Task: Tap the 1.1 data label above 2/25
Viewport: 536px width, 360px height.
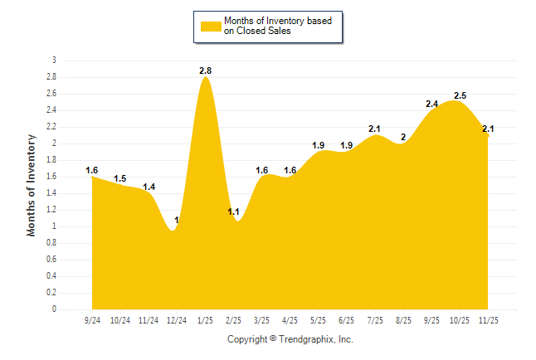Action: point(234,212)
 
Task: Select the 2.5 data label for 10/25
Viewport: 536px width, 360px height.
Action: point(460,96)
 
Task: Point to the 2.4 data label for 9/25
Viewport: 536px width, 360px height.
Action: point(431,105)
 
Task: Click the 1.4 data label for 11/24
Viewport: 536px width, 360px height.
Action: point(149,187)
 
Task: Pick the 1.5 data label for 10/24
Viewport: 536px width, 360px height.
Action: point(120,179)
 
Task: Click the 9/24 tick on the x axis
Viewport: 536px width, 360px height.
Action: point(92,320)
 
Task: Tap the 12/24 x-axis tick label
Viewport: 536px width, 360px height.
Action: point(177,320)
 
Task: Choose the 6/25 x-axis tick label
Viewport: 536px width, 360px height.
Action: point(347,320)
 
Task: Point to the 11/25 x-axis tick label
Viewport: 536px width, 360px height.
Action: point(488,320)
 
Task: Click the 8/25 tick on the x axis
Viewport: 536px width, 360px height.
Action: point(403,320)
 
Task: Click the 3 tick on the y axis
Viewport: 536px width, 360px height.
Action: point(54,61)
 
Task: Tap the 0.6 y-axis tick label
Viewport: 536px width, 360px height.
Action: point(51,260)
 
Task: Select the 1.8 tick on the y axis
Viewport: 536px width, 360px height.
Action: point(51,160)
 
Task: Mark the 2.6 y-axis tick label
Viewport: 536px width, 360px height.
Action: point(51,94)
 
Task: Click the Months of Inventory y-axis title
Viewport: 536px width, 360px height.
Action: point(32,185)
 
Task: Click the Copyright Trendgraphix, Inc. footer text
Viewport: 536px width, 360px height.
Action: point(290,340)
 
